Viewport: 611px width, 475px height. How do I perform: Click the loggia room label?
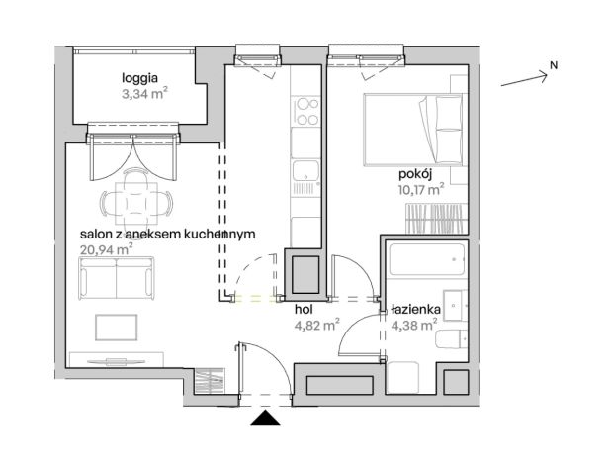139,79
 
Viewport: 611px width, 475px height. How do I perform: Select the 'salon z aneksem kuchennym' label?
168,234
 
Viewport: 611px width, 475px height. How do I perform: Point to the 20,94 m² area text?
106,250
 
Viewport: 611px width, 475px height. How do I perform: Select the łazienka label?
412,308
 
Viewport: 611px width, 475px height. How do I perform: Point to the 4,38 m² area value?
414,324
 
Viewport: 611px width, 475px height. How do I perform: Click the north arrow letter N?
554,66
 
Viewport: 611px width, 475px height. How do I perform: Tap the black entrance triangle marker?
265,420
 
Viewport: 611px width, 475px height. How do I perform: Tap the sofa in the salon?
118,279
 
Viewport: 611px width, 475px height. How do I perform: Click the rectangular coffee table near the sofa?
117,328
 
